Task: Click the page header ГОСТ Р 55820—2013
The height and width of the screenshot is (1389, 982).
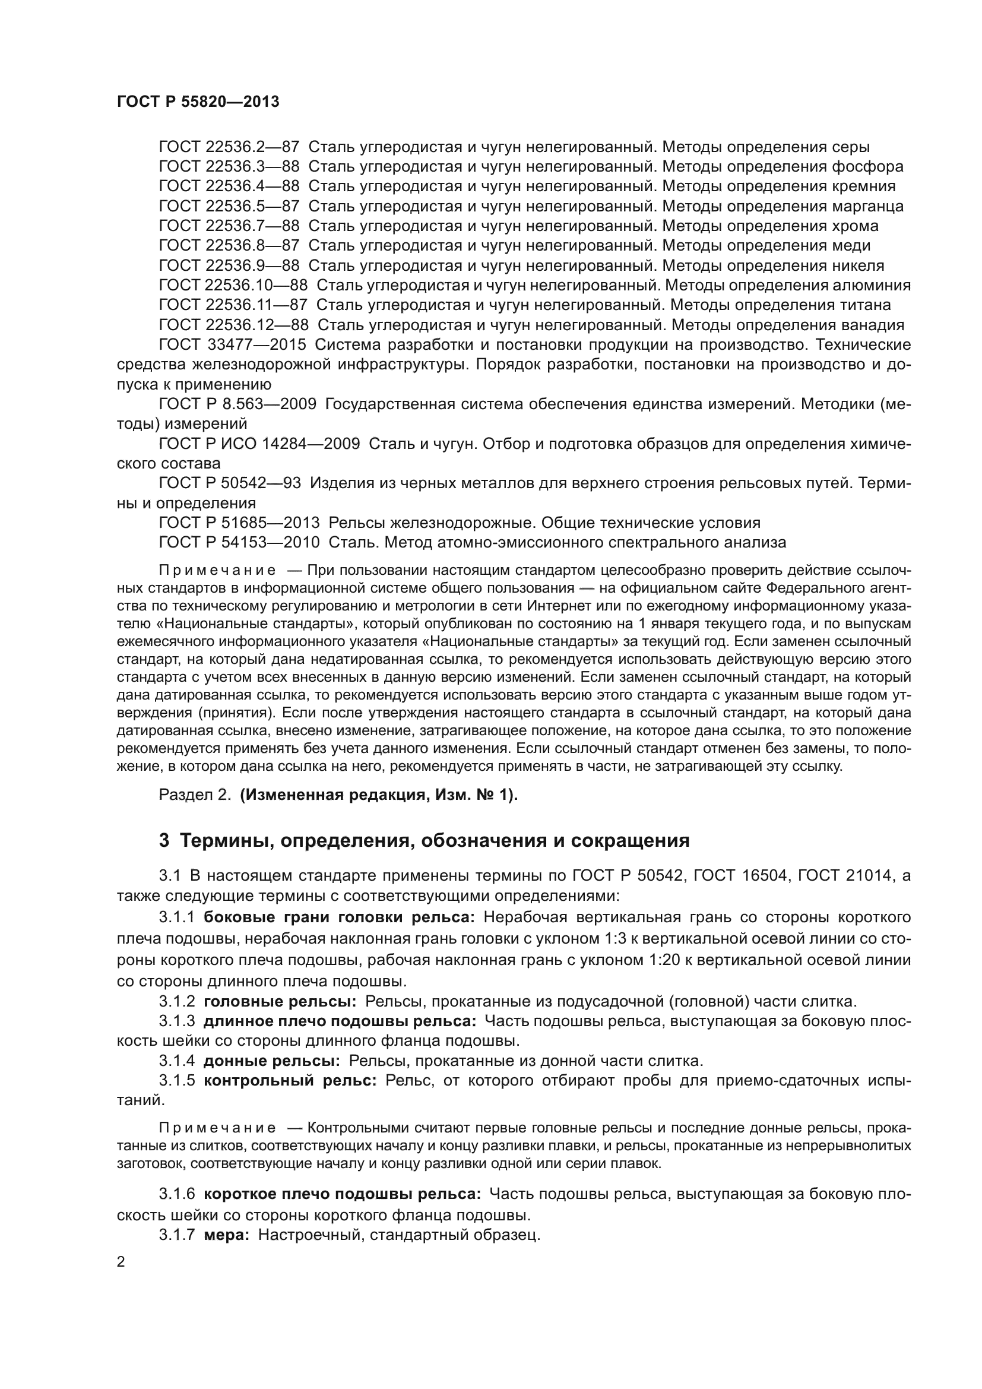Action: coord(198,102)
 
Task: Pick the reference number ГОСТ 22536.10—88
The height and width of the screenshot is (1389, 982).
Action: coord(233,286)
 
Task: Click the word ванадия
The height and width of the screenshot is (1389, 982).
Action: coord(873,325)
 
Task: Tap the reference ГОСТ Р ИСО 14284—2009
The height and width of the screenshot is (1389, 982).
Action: coord(259,444)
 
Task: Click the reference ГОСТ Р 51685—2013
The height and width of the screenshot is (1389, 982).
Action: coord(239,523)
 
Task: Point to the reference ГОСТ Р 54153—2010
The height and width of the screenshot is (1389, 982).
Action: coord(239,543)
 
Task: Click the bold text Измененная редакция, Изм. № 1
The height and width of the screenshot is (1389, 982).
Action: coord(378,795)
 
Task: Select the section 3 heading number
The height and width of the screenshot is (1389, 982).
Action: coord(164,841)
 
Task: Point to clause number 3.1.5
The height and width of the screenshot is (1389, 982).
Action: coord(176,1080)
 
